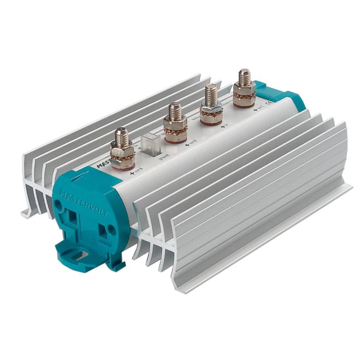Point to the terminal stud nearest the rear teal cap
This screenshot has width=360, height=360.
(x=244, y=78)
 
